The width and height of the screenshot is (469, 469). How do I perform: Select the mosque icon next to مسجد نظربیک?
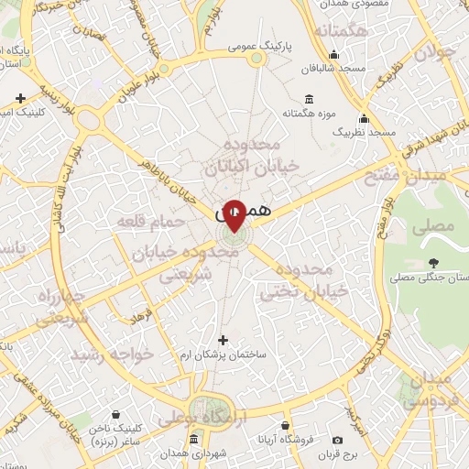coord(365,119)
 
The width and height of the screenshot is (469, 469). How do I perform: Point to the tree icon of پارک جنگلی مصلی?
coord(431,264)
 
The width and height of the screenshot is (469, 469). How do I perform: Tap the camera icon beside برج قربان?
coord(338,442)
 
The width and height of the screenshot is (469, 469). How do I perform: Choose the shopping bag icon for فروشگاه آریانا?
coord(286,426)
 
